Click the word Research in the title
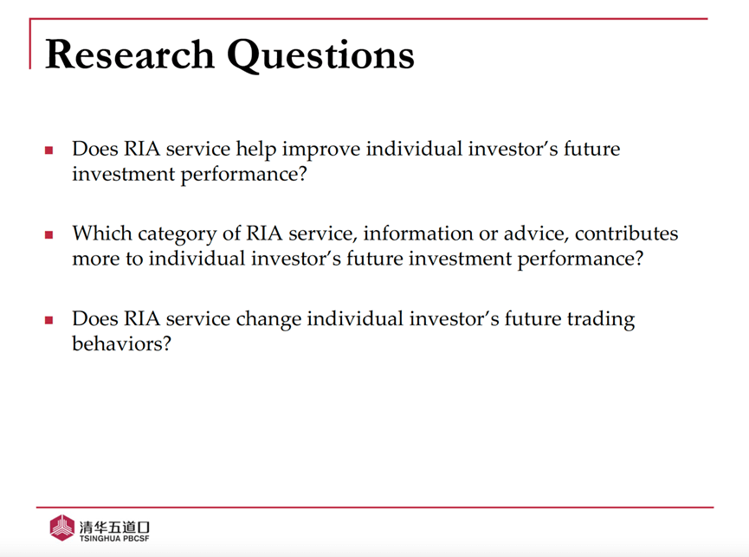(x=129, y=54)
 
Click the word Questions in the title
(x=320, y=56)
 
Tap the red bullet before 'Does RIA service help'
(x=48, y=150)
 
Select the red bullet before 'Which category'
(x=48, y=235)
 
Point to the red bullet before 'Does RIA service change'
(x=48, y=320)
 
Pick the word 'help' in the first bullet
(x=256, y=150)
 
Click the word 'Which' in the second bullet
(x=102, y=234)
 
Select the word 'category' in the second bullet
(x=178, y=235)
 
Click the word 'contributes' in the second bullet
(x=626, y=234)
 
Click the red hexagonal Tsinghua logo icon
(x=62, y=528)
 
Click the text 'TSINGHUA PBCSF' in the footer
(x=114, y=539)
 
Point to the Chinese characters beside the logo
(x=114, y=527)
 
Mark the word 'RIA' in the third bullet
(x=142, y=318)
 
